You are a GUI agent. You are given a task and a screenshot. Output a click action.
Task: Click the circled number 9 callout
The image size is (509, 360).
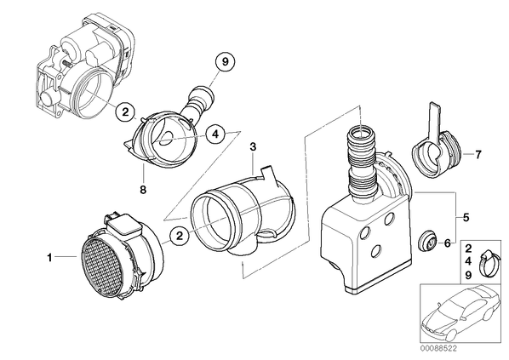pos(226,61)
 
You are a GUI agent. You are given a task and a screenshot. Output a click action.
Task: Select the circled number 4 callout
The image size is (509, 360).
pos(215,134)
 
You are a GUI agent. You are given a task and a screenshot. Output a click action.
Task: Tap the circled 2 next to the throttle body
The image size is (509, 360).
pos(125,111)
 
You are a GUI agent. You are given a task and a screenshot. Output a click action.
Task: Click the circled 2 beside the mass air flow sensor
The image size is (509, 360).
pos(180,236)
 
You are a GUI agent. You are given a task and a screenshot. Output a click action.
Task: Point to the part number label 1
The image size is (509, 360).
pos(49,258)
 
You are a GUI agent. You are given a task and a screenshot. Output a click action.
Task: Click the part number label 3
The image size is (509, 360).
pos(253,146)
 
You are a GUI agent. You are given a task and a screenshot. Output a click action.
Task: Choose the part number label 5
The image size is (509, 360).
pos(466,217)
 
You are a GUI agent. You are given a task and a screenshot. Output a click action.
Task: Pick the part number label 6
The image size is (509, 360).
pos(448,243)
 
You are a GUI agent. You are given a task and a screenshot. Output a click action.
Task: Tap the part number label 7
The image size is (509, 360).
pos(478,155)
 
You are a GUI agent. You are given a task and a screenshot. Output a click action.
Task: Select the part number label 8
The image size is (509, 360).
pos(143,189)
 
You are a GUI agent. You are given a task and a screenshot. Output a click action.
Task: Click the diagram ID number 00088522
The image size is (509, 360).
pos(438,349)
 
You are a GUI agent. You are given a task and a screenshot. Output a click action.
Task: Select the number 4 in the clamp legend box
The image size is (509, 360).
pos(468,261)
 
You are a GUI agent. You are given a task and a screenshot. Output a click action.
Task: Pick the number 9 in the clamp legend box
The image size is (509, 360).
pos(468,275)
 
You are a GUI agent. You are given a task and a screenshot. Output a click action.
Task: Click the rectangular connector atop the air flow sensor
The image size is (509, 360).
pos(125,226)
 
